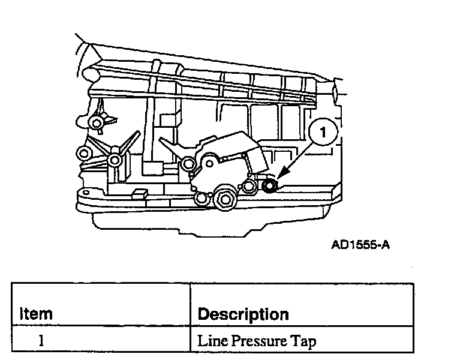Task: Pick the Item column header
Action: coord(37,313)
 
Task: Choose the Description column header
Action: coord(243,313)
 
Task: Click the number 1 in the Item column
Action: coord(40,341)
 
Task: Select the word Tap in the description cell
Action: coord(302,341)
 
